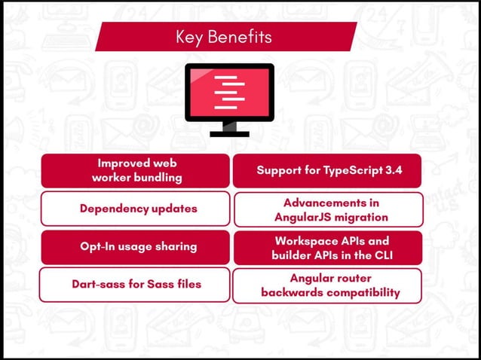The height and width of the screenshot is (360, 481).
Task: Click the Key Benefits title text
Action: [224, 36]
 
